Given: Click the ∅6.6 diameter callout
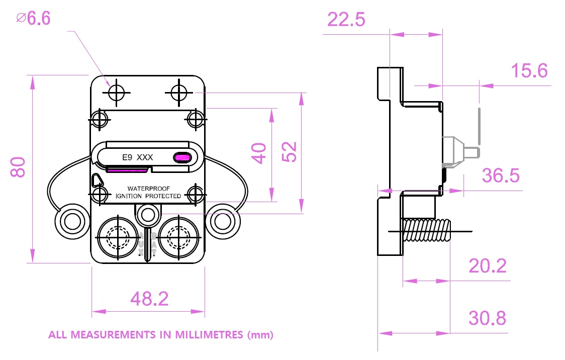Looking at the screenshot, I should [x=34, y=19].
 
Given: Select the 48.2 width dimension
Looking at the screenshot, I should [x=149, y=299].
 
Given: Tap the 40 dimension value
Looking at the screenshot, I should [x=259, y=153].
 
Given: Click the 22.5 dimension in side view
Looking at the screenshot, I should [x=346, y=20].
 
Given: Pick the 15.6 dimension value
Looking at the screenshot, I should [x=529, y=71].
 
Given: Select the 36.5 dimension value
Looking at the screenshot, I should [x=501, y=176].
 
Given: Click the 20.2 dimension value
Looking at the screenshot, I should [x=487, y=265].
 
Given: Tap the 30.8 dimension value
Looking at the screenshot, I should [x=487, y=318].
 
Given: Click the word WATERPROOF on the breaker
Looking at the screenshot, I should [x=148, y=189].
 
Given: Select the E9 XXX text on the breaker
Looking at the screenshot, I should [x=138, y=158].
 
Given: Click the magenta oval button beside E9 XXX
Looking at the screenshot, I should [x=182, y=158].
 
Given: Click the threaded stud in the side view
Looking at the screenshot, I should [x=427, y=231].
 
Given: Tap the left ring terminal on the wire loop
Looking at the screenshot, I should [x=70, y=220].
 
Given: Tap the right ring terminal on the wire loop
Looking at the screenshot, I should [x=223, y=220].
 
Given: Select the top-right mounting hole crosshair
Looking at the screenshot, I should [x=179, y=93].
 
